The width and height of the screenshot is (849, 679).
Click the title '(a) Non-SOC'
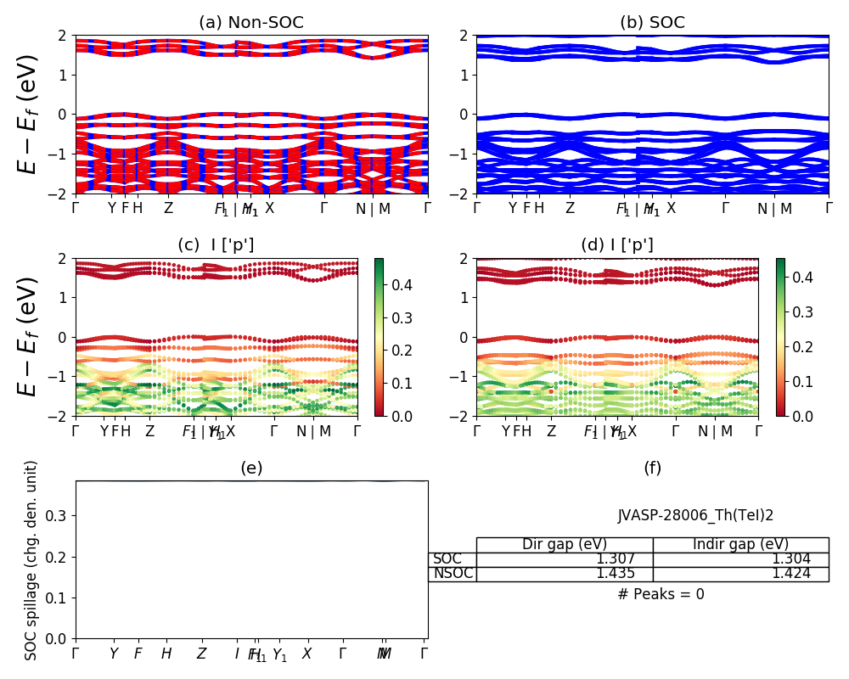(x=251, y=23)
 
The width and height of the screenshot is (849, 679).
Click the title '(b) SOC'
(x=652, y=23)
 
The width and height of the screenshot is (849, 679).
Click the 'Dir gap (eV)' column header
(x=564, y=544)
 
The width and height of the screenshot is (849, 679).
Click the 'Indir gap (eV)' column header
(x=740, y=544)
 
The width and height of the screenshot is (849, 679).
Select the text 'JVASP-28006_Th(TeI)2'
(x=695, y=515)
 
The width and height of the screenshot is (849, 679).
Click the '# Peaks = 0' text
(x=661, y=594)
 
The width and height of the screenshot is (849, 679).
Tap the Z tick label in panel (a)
(x=168, y=208)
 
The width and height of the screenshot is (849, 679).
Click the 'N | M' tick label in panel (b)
(x=774, y=208)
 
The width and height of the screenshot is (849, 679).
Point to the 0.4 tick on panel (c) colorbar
(x=395, y=285)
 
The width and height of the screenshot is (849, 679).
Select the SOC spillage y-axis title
(x=31, y=560)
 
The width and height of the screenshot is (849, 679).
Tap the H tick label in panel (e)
(x=166, y=654)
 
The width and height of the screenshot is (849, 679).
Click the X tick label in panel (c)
(x=230, y=430)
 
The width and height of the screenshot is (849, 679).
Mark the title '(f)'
(x=652, y=468)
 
